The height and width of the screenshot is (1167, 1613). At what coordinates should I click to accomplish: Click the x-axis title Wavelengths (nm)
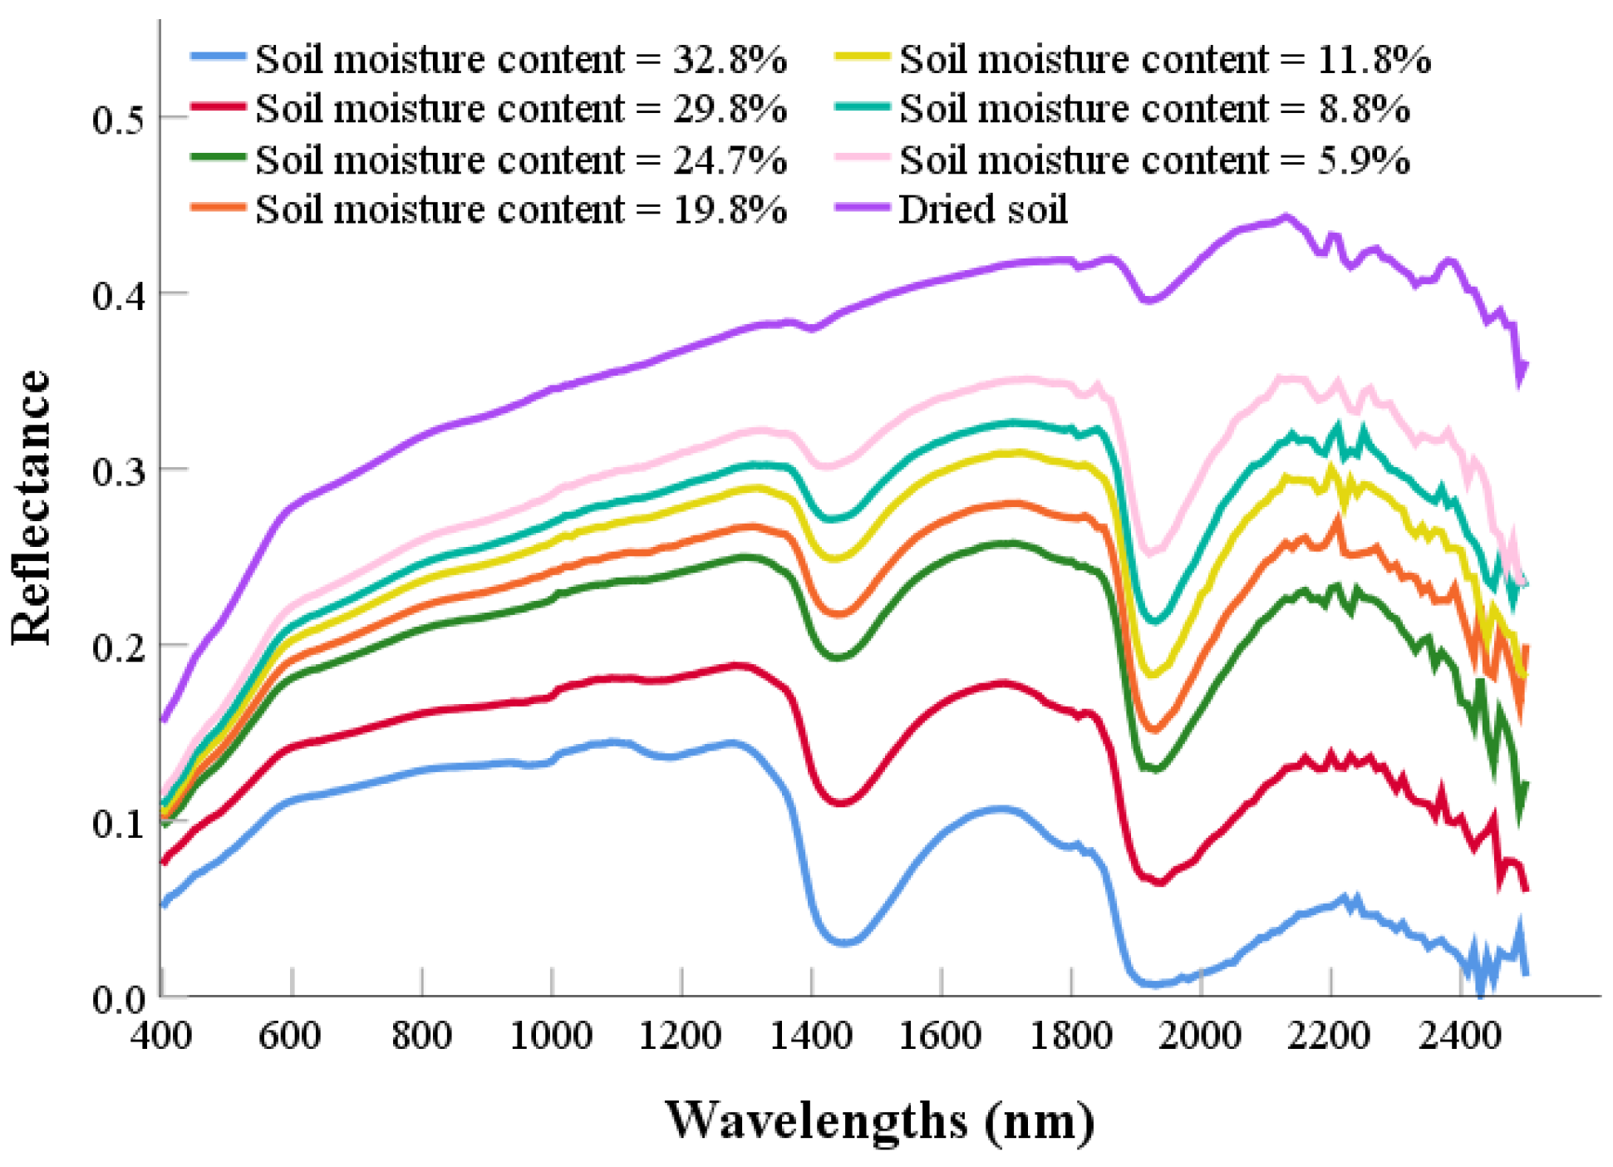pyautogui.click(x=879, y=1120)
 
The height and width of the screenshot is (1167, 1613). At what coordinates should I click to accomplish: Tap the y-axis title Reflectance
pyautogui.click(x=32, y=507)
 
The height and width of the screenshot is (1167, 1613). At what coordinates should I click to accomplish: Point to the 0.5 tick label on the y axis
pyautogui.click(x=117, y=119)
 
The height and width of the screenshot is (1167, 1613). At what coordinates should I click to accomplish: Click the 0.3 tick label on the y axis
pyautogui.click(x=117, y=470)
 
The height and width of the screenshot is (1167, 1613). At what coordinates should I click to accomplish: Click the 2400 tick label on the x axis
pyautogui.click(x=1459, y=1036)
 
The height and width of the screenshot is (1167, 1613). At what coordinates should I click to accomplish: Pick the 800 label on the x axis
pyautogui.click(x=421, y=1036)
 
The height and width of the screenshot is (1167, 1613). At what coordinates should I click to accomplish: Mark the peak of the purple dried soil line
pyautogui.click(x=1286, y=217)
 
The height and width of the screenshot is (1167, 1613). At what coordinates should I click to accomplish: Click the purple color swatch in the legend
pyautogui.click(x=862, y=208)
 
